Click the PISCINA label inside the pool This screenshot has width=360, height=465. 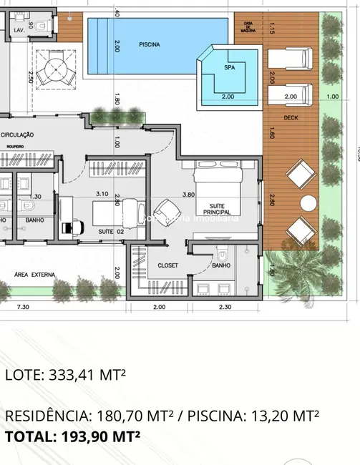click(x=149, y=44)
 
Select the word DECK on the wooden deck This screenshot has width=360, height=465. click(x=291, y=117)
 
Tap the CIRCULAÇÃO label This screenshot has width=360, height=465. click(x=19, y=134)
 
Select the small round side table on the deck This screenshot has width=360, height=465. click(x=308, y=202)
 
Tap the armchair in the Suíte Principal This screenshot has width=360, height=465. click(x=166, y=212)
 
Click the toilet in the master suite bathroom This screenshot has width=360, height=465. click(x=223, y=253)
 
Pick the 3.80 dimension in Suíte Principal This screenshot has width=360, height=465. click(x=188, y=194)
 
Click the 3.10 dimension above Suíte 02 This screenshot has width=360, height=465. click(x=102, y=194)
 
